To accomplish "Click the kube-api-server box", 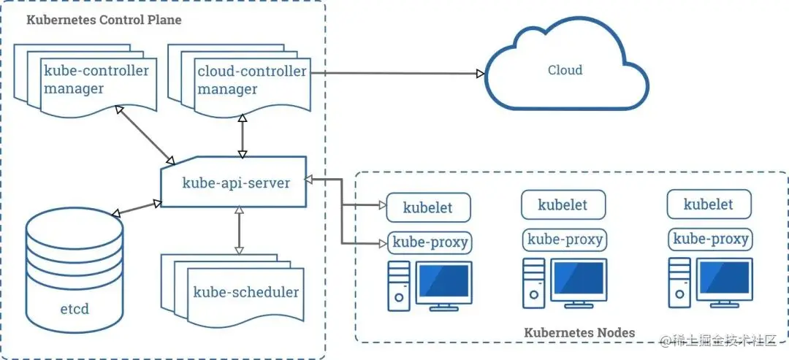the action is (234, 182).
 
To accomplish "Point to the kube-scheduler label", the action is (245, 292).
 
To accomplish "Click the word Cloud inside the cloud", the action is (565, 70).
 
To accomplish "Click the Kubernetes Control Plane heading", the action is (104, 20).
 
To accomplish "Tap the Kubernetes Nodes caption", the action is (579, 332).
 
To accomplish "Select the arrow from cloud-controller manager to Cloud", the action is (397, 74).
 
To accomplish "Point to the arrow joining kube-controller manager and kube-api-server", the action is (145, 135).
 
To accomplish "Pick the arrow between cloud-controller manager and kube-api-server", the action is (243, 135).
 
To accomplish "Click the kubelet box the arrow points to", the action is (428, 207).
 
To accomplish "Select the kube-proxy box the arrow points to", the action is (430, 243).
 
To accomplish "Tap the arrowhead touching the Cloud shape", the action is (481, 74).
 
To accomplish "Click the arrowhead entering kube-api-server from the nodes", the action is (309, 178).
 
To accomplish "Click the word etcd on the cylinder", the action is (75, 309).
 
